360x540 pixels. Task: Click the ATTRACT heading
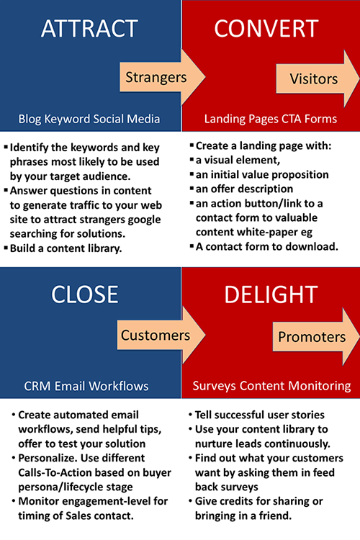pyautogui.click(x=89, y=28)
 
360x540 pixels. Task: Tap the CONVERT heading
pyautogui.click(x=266, y=28)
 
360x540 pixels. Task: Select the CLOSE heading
pyautogui.click(x=84, y=294)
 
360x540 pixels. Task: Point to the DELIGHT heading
pyautogui.click(x=271, y=294)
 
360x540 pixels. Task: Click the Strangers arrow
pyautogui.click(x=163, y=77)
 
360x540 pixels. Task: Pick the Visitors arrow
pyautogui.click(x=318, y=78)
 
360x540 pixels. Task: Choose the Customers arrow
pyautogui.click(x=161, y=335)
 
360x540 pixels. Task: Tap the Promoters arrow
pyautogui.click(x=316, y=337)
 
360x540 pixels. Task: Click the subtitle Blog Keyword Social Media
pyautogui.click(x=89, y=119)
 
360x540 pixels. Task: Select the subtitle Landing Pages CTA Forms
pyautogui.click(x=271, y=119)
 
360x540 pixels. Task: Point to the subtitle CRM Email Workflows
pyautogui.click(x=86, y=386)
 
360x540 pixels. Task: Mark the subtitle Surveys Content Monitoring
pyautogui.click(x=272, y=386)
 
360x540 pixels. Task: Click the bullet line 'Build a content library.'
pyautogui.click(x=66, y=248)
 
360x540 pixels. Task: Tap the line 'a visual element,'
pyautogui.click(x=238, y=160)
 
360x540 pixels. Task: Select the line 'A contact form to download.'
pyautogui.click(x=267, y=246)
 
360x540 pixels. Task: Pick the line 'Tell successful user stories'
pyautogui.click(x=260, y=415)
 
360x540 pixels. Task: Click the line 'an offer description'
pyautogui.click(x=244, y=189)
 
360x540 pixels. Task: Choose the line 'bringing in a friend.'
pyautogui.click(x=243, y=516)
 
